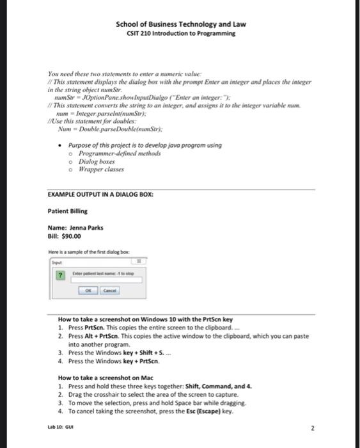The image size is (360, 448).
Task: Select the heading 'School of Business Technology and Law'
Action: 180,24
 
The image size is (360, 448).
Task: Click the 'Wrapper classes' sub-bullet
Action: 101,170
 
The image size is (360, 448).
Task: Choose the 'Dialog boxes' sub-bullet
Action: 98,162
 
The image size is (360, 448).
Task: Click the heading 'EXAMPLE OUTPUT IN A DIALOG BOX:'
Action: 100,194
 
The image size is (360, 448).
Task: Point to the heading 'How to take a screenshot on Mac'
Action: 109,378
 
